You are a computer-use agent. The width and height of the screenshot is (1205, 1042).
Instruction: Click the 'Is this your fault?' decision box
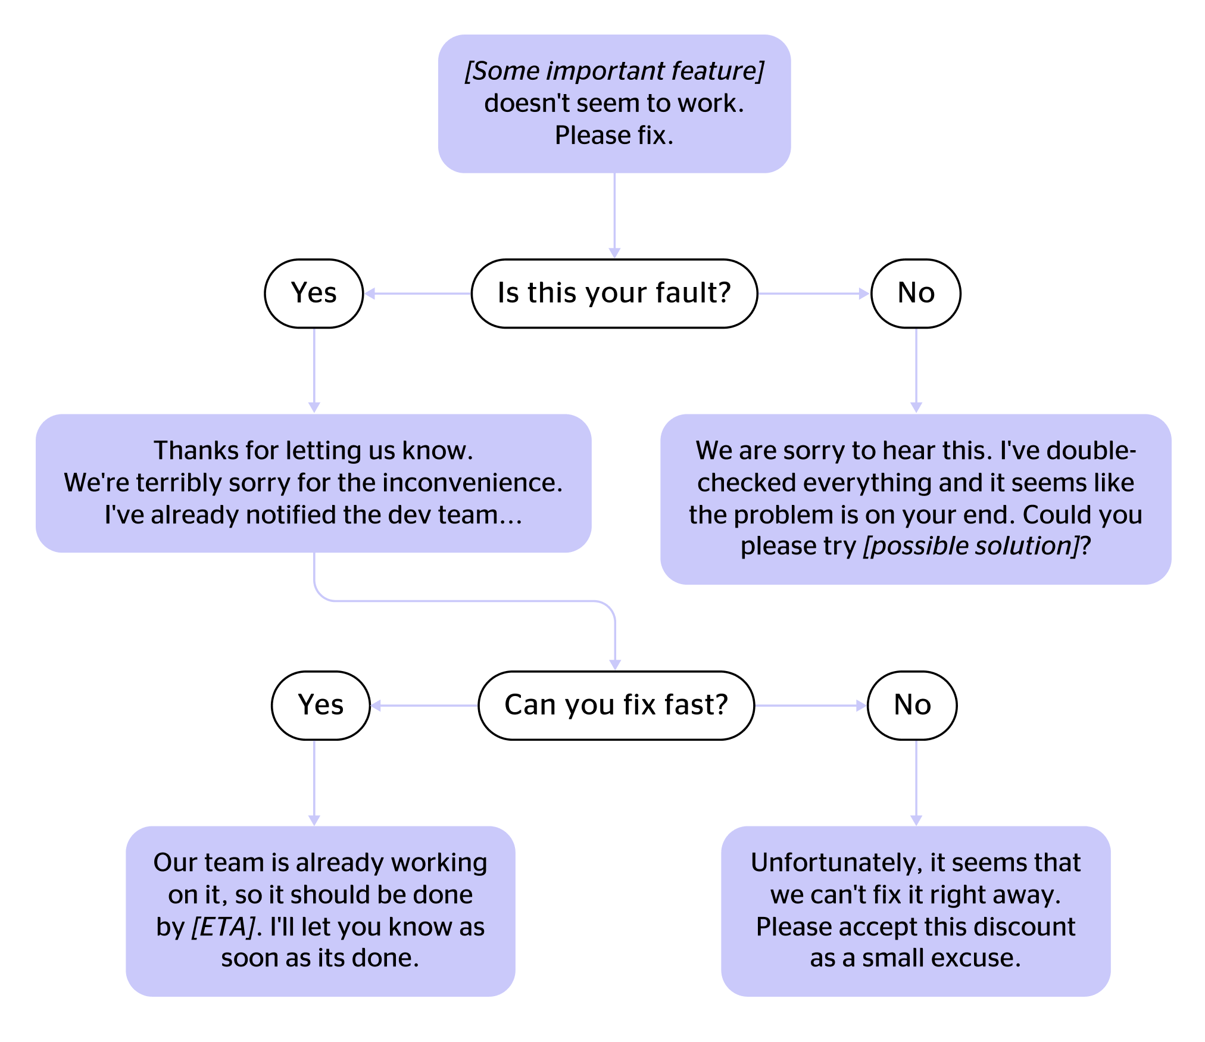[x=614, y=293]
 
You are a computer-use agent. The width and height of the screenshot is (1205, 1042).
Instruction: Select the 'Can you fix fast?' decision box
[x=616, y=705]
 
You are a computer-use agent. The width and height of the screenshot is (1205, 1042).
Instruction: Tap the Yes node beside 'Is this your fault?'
[x=314, y=293]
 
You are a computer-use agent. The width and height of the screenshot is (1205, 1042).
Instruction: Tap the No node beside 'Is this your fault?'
[x=916, y=293]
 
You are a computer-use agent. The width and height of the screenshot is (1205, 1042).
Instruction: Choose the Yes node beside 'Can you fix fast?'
[x=320, y=705]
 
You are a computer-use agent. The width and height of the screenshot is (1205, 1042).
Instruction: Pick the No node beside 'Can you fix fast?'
[x=912, y=705]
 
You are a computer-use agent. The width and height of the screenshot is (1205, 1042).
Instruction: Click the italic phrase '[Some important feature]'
[x=614, y=71]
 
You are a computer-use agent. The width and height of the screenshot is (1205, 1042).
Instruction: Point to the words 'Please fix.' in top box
[x=614, y=135]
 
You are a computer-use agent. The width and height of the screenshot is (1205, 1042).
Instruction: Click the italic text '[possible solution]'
[x=970, y=546]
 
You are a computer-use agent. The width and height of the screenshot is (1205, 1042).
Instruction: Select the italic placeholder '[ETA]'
[x=223, y=927]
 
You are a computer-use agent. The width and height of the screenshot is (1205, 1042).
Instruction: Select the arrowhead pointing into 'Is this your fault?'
[x=614, y=252]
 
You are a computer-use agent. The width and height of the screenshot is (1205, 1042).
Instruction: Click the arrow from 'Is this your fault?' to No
[x=813, y=293]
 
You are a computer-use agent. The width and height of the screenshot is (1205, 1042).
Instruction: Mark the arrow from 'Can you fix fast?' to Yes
[x=424, y=706]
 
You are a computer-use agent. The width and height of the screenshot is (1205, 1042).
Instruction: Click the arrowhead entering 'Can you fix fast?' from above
[x=615, y=664]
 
